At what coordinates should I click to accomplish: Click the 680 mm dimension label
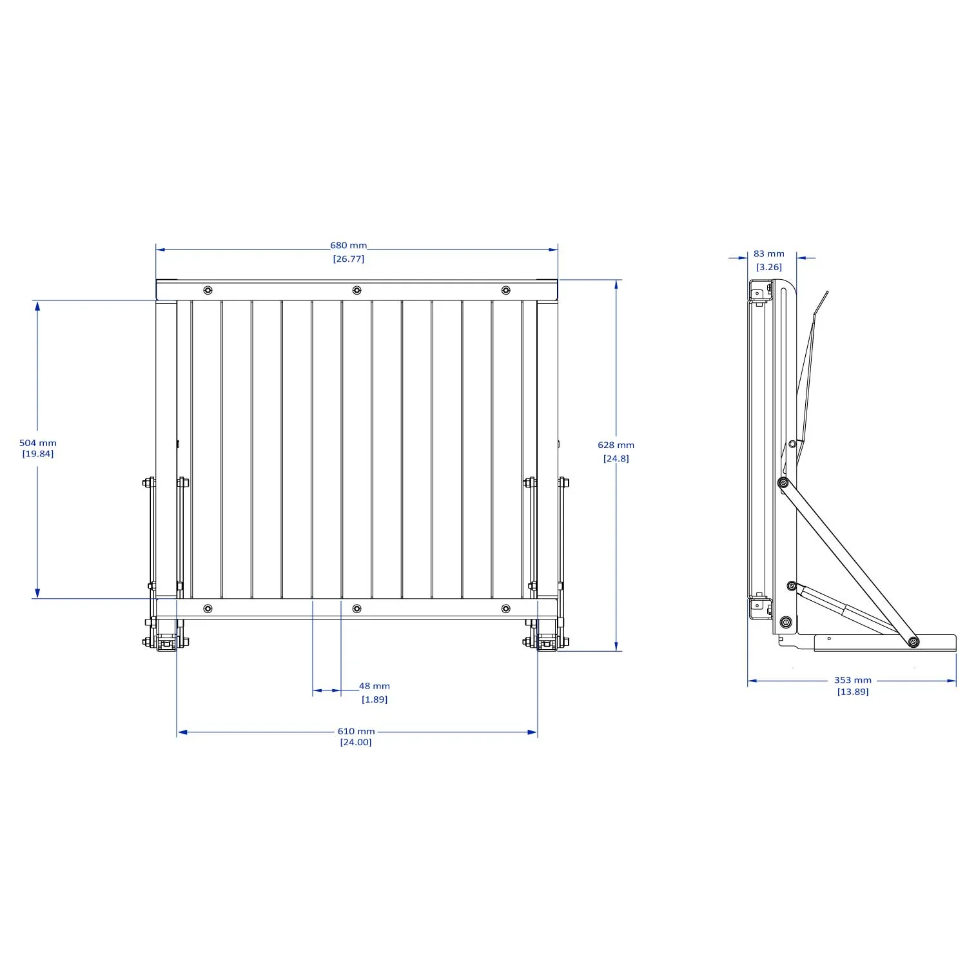point(348,246)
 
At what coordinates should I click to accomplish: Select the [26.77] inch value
point(348,259)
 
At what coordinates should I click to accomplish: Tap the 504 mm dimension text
point(38,443)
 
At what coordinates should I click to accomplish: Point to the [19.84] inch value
point(38,454)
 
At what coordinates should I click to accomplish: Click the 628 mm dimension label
point(616,445)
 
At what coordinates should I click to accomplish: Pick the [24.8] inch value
point(616,458)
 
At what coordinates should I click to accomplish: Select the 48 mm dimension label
point(374,686)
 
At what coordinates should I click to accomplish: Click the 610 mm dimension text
point(356,731)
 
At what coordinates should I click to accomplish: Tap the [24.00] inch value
point(356,742)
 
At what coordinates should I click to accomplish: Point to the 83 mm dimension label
point(768,254)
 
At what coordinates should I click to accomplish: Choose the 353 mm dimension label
point(852,680)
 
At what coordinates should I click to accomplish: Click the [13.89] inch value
point(852,692)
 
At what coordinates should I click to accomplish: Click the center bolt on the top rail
point(357,290)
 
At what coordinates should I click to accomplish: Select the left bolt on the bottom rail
point(208,609)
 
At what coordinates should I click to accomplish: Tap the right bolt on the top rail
point(505,290)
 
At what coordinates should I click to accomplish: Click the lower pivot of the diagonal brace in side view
point(913,641)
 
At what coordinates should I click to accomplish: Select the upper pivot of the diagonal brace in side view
point(783,483)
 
